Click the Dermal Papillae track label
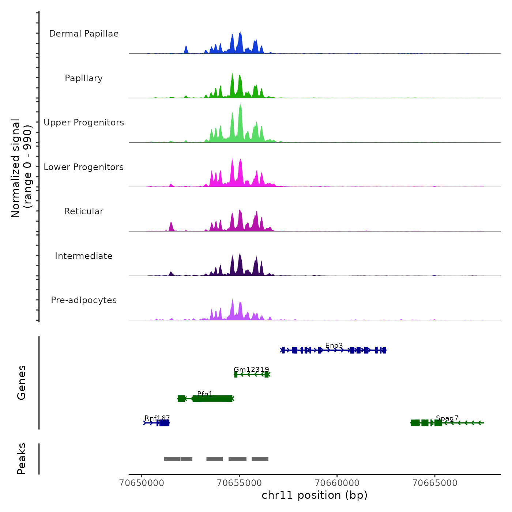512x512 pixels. click(84, 34)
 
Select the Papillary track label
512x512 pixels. click(84, 78)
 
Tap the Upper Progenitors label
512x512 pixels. click(84, 123)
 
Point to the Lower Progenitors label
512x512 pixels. click(84, 167)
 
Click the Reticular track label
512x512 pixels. click(84, 211)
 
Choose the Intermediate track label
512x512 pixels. click(84, 256)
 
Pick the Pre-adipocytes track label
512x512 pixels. click(84, 300)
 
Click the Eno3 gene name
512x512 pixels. click(334, 346)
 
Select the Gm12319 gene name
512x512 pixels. click(251, 370)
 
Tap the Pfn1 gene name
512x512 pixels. click(205, 394)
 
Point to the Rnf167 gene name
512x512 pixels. click(157, 418)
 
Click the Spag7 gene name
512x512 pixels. click(447, 418)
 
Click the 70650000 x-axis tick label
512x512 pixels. click(142, 483)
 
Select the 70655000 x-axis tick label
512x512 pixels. click(240, 483)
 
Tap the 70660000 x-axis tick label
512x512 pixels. click(337, 483)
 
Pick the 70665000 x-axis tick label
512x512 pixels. click(435, 483)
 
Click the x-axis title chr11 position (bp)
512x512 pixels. click(315, 495)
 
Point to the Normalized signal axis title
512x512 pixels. click(21, 168)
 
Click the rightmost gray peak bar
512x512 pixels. click(260, 459)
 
